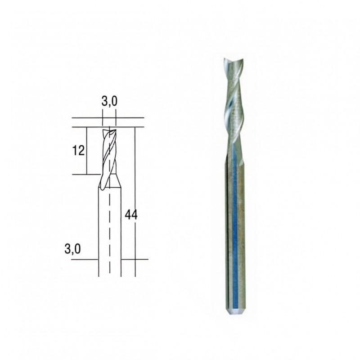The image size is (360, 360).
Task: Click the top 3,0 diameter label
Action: coord(109,102)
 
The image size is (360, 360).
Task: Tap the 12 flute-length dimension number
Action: coord(78,150)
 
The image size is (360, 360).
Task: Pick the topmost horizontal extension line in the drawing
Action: coord(108,118)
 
